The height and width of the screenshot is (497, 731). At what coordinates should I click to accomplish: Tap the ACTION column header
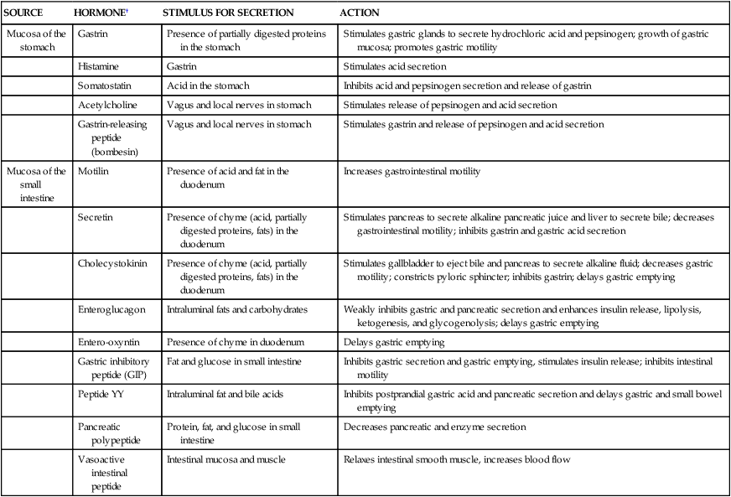(x=360, y=14)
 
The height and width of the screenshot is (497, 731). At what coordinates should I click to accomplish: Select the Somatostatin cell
(x=105, y=85)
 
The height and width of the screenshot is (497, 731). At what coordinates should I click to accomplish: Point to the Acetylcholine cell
(x=106, y=105)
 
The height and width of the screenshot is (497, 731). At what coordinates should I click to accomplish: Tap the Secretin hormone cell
(x=94, y=216)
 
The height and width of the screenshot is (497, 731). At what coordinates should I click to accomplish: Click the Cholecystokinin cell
(x=111, y=262)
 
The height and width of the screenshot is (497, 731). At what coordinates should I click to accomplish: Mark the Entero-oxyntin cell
(x=108, y=342)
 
